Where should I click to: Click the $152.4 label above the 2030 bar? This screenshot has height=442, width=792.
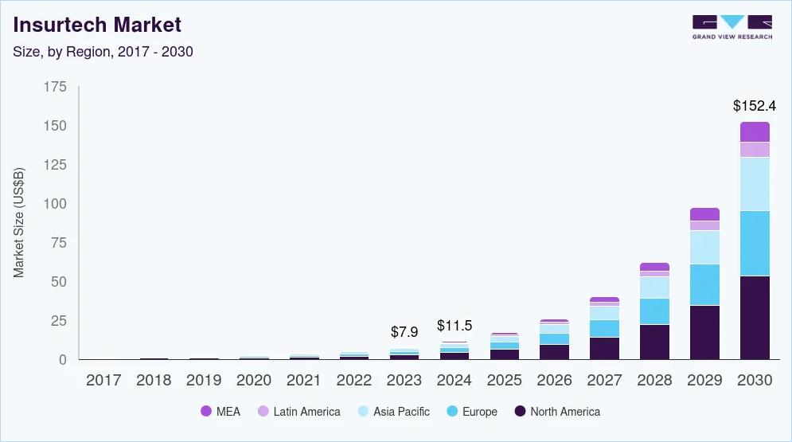click(755, 105)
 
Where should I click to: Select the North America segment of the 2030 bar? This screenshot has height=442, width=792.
click(755, 318)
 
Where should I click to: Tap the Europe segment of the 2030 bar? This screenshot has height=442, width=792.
click(755, 243)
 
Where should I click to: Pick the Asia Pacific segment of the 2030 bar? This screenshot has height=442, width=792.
click(755, 184)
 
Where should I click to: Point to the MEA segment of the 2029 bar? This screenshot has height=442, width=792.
click(704, 213)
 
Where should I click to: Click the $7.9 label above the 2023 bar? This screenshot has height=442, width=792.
click(404, 331)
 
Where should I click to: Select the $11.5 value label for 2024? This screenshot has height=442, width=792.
click(455, 326)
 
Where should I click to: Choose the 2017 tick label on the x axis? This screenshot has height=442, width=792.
click(103, 381)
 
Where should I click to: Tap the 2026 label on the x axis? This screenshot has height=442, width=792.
click(554, 381)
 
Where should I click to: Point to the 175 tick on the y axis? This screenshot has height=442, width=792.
click(55, 87)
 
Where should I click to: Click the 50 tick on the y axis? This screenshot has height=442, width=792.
click(59, 282)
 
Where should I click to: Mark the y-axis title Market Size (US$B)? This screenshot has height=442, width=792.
click(19, 222)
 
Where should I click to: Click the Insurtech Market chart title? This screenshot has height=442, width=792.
click(97, 25)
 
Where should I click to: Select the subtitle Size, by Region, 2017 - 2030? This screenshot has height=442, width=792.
click(103, 52)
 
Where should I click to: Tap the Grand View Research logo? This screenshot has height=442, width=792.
click(732, 27)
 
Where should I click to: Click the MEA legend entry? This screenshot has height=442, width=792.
click(220, 412)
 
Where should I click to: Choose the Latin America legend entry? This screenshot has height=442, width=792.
click(298, 412)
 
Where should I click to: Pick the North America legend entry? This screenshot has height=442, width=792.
click(557, 412)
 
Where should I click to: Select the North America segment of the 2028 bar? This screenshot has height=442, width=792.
click(654, 342)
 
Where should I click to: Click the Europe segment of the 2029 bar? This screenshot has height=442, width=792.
click(704, 284)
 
